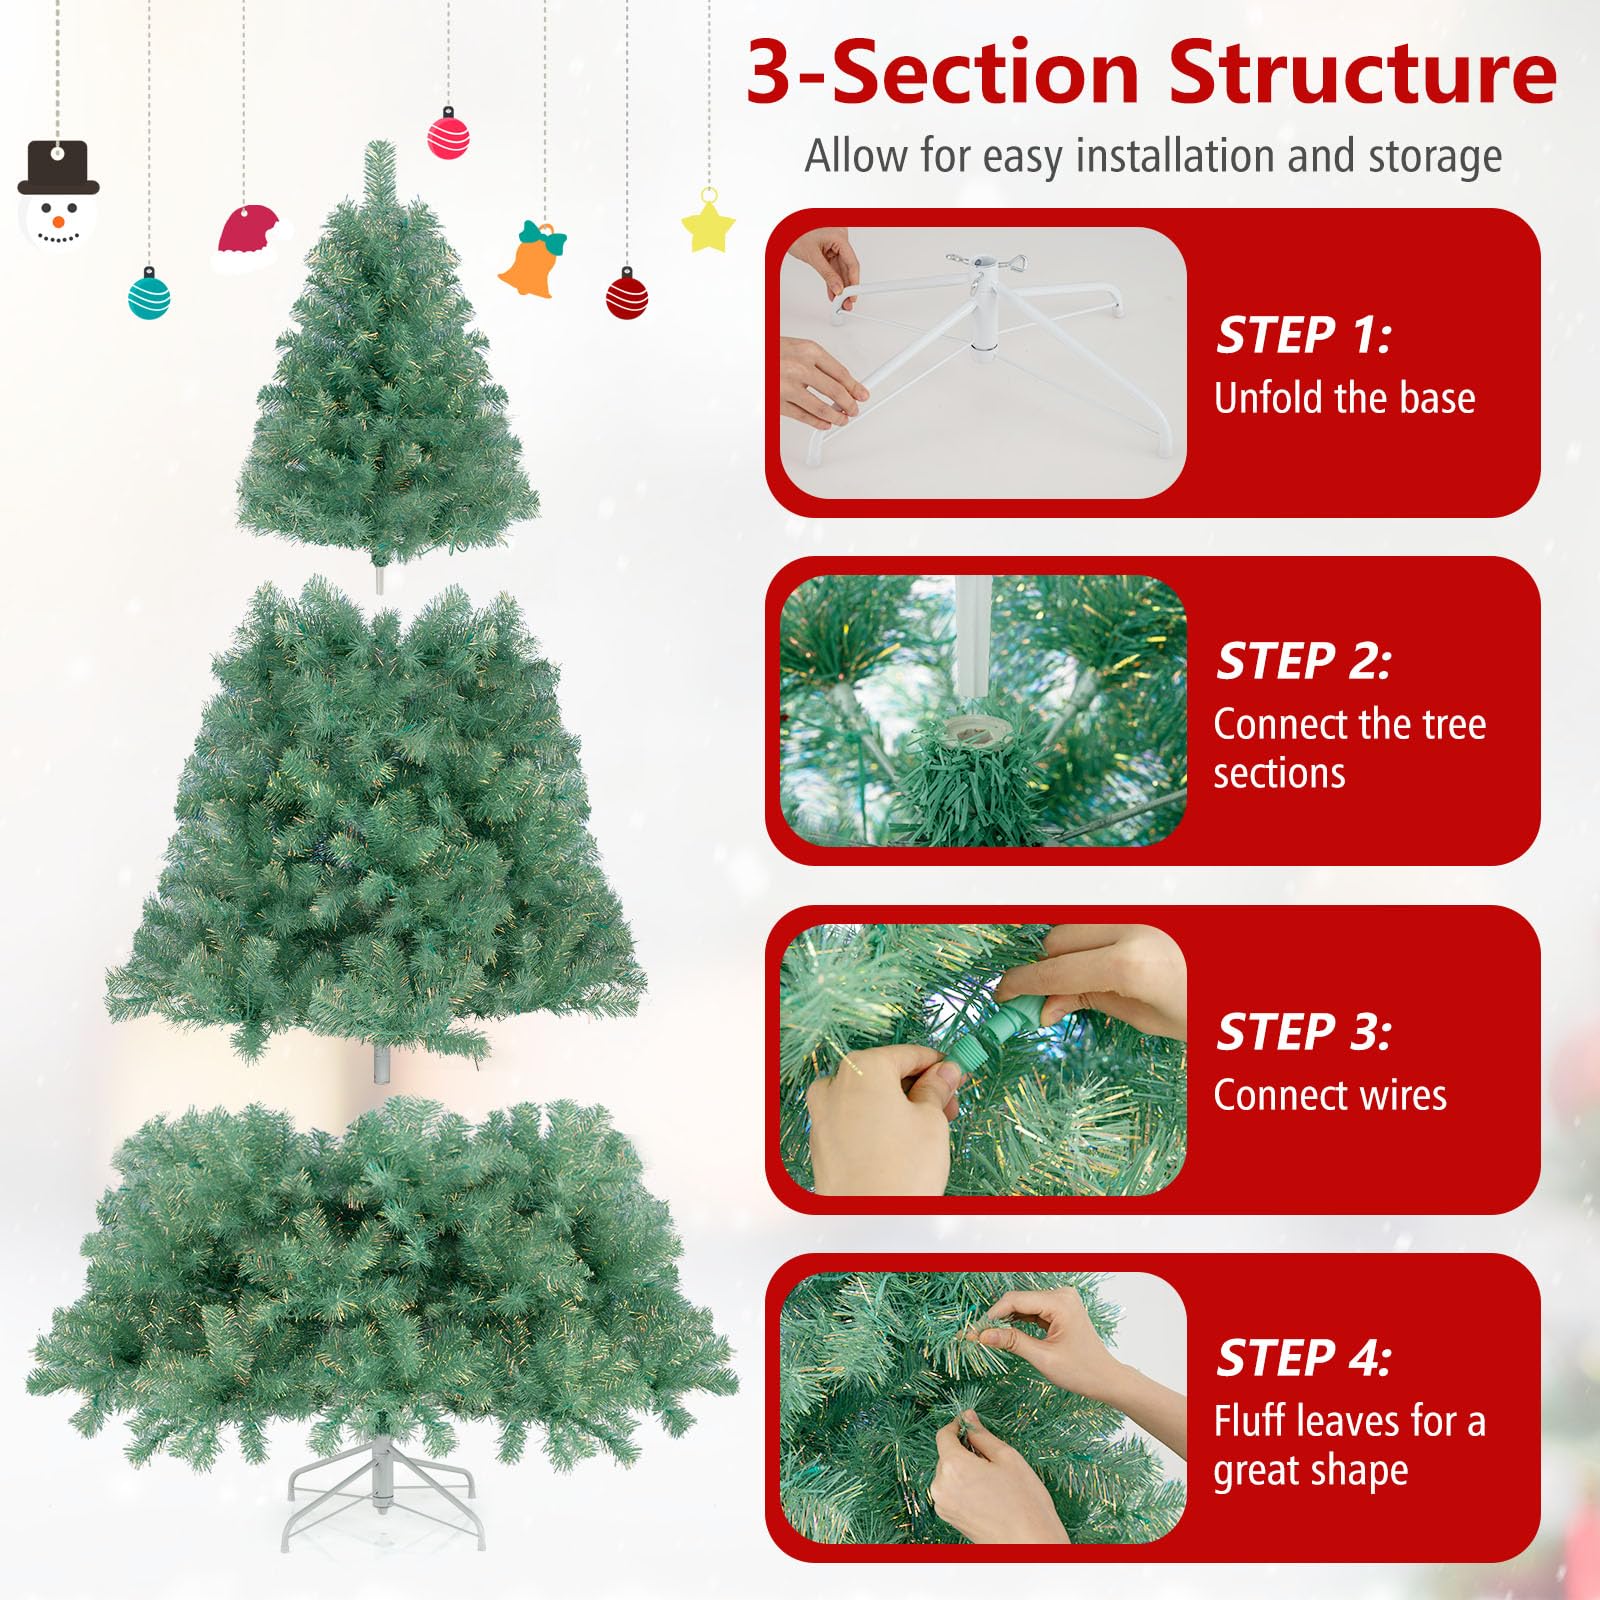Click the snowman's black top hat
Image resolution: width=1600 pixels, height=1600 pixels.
(x=58, y=168)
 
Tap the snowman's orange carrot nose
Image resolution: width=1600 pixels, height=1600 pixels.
(x=59, y=220)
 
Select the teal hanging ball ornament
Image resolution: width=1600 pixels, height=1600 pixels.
(x=149, y=297)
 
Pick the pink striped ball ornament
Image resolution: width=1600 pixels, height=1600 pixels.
(x=449, y=137)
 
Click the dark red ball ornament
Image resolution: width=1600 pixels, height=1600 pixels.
(x=627, y=297)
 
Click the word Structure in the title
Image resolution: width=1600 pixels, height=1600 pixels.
(x=1362, y=73)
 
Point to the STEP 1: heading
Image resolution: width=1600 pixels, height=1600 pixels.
(x=1303, y=335)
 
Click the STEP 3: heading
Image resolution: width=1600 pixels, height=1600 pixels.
(x=1303, y=1032)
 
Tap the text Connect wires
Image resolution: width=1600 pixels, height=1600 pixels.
(x=1330, y=1096)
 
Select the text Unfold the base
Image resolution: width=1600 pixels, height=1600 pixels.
(x=1344, y=398)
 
